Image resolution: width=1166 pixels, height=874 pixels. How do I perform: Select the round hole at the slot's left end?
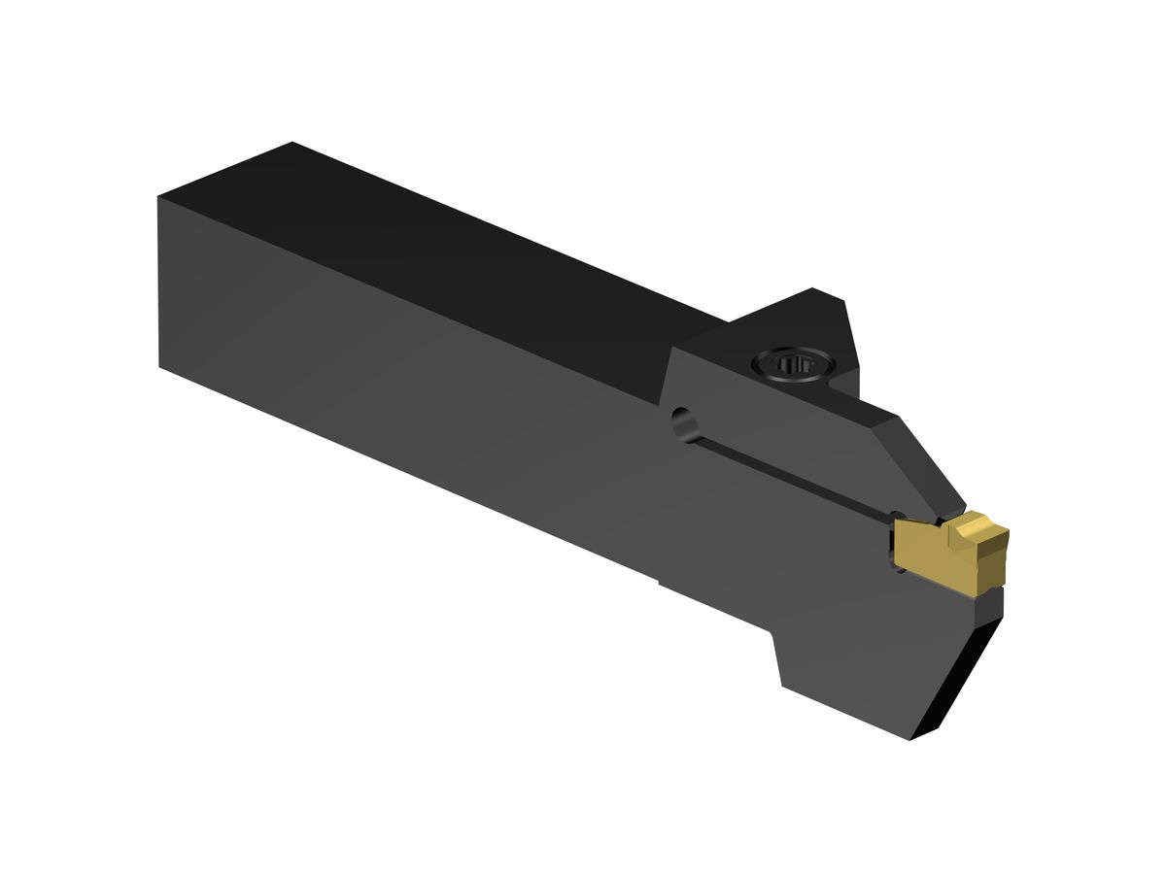coord(683,423)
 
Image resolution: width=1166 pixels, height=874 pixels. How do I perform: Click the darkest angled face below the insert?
coord(957,670)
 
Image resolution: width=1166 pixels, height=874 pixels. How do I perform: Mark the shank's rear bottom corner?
coord(159,367)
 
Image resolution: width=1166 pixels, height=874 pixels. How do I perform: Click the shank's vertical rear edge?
coord(158,282)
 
